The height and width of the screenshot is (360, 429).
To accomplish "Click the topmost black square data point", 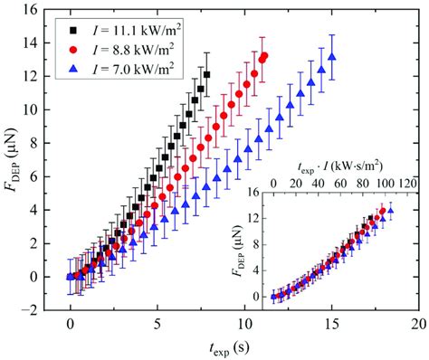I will point(207,74).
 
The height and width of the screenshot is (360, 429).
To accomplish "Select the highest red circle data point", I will point(264,55).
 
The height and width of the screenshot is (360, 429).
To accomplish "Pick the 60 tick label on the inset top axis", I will point(337,184).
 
